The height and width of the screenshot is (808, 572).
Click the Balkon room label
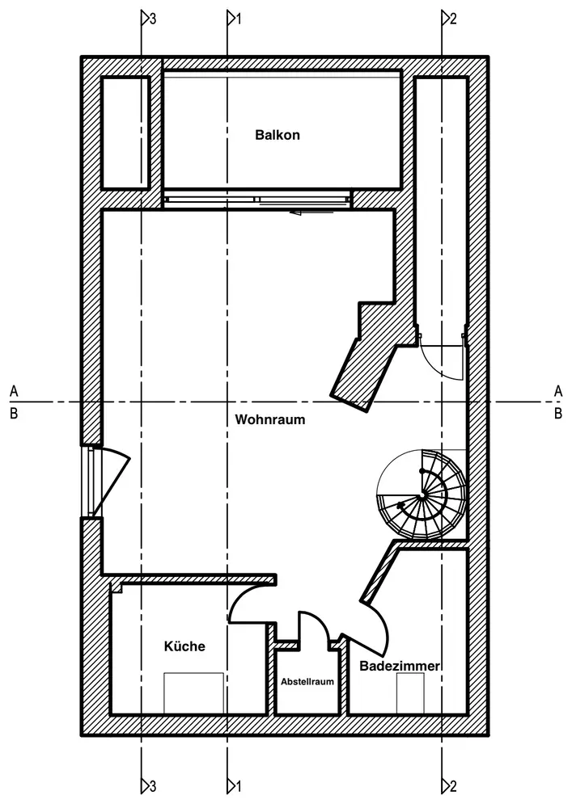point(277,135)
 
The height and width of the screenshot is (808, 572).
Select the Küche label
point(184,646)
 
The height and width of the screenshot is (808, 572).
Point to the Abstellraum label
point(307,682)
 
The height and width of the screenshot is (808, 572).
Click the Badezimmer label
point(399,667)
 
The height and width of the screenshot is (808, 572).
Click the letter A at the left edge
point(14,391)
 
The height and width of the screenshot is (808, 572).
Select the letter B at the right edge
point(557,414)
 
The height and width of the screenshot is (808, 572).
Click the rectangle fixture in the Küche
point(193,692)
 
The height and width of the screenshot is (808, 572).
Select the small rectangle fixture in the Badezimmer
point(410,693)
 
